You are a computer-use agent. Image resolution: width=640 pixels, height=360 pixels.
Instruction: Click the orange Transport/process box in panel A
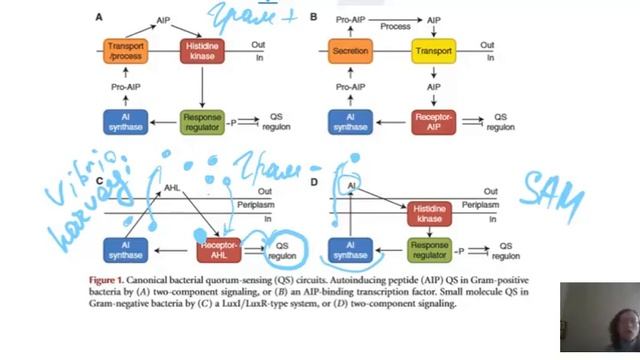coord(127,51)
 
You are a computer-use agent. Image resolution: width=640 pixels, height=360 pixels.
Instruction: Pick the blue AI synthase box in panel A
coord(127,122)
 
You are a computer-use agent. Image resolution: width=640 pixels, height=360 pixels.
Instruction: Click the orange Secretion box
coord(350,50)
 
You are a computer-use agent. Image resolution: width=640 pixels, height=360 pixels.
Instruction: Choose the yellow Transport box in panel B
coord(434,50)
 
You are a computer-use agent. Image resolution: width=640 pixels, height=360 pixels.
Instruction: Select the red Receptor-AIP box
coord(434,122)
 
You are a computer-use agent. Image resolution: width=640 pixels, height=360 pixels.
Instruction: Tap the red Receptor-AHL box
coord(219,249)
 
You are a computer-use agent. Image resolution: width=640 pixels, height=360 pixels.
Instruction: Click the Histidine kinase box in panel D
coord(430,212)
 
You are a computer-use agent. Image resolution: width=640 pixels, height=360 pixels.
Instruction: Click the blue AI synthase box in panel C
coord(127,249)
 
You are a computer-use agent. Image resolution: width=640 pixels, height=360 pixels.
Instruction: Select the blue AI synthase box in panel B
coord(350,122)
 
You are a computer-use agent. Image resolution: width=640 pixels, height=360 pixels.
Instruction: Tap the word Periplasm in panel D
coord(481,204)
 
